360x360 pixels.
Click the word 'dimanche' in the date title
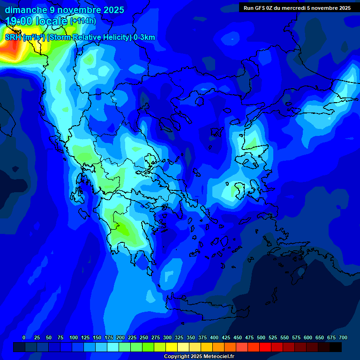(x=26, y=10)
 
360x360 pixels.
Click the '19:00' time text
(x=19, y=21)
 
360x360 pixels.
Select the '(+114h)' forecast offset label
(x=83, y=21)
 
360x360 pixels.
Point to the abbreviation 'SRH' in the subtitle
(x=13, y=37)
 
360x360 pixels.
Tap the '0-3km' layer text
(x=144, y=37)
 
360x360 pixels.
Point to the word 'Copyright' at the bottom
(x=176, y=357)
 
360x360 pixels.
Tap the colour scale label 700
(x=343, y=337)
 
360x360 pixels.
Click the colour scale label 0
(x=24, y=337)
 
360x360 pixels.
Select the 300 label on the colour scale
(x=167, y=337)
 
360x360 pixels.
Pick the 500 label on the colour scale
(x=261, y=337)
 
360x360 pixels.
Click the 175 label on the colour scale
(x=109, y=337)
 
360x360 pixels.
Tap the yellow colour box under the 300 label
(x=172, y=347)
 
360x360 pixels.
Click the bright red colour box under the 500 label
(x=265, y=347)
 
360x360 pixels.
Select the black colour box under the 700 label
(x=336, y=347)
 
